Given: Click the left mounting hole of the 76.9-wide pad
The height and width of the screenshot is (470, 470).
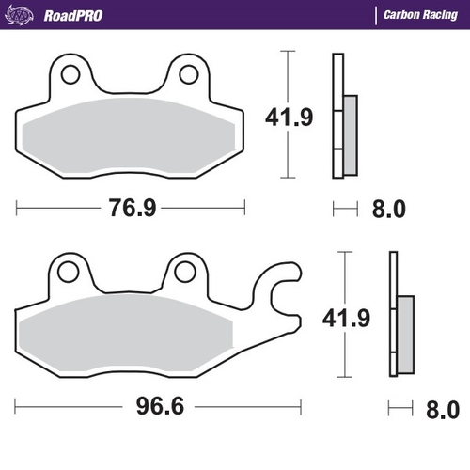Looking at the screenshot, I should coord(68,73).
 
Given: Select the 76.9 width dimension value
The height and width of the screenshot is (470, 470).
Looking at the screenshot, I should coord(130,208).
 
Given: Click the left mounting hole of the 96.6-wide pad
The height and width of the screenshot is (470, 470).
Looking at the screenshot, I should coord(68,272).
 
